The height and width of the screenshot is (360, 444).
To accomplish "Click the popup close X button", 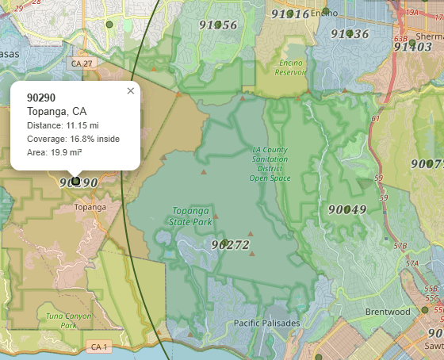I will coord(131,91).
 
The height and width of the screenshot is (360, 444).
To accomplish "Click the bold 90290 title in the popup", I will coord(41,98).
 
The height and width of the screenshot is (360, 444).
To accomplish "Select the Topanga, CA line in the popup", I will coord(57,111).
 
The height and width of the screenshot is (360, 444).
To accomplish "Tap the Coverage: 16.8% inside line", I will coord(73,139).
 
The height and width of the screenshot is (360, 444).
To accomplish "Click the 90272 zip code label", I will coord(231,246).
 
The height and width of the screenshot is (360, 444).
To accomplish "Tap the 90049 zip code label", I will coord(346,210).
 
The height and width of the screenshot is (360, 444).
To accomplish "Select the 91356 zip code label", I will coord(218,25).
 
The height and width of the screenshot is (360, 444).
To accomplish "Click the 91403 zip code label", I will coord(413,47).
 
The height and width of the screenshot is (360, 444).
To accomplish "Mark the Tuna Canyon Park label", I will coord(61,320).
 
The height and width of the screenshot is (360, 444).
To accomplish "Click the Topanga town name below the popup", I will coord(90,207).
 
